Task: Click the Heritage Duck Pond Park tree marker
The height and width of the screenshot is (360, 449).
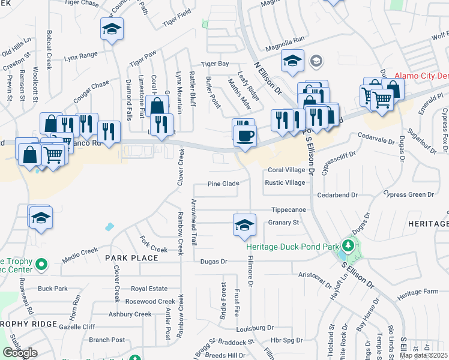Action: pyautogui.click(x=347, y=245)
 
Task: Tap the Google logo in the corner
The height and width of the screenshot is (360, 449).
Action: pyautogui.click(x=20, y=353)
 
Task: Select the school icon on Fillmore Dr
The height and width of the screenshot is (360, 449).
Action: pyautogui.click(x=244, y=224)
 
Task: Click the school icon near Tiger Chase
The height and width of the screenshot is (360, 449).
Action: pyautogui.click(x=111, y=29)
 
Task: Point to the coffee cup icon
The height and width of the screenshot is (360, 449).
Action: pyautogui.click(x=245, y=136)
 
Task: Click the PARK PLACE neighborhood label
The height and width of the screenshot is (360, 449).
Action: pyautogui.click(x=131, y=258)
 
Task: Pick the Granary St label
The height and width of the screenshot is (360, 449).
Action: pyautogui.click(x=283, y=223)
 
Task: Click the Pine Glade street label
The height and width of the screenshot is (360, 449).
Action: pyautogui.click(x=224, y=184)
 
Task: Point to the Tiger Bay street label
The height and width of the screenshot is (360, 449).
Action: pyautogui.click(x=215, y=64)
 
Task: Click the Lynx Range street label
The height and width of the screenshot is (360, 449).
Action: pyautogui.click(x=80, y=56)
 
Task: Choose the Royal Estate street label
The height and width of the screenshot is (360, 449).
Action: pyautogui.click(x=149, y=289)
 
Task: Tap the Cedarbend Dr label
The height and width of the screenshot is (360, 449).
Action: pyautogui.click(x=337, y=195)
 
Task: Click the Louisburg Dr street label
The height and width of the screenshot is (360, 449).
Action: pyautogui.click(x=255, y=328)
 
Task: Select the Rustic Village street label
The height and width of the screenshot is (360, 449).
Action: pyautogui.click(x=285, y=183)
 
